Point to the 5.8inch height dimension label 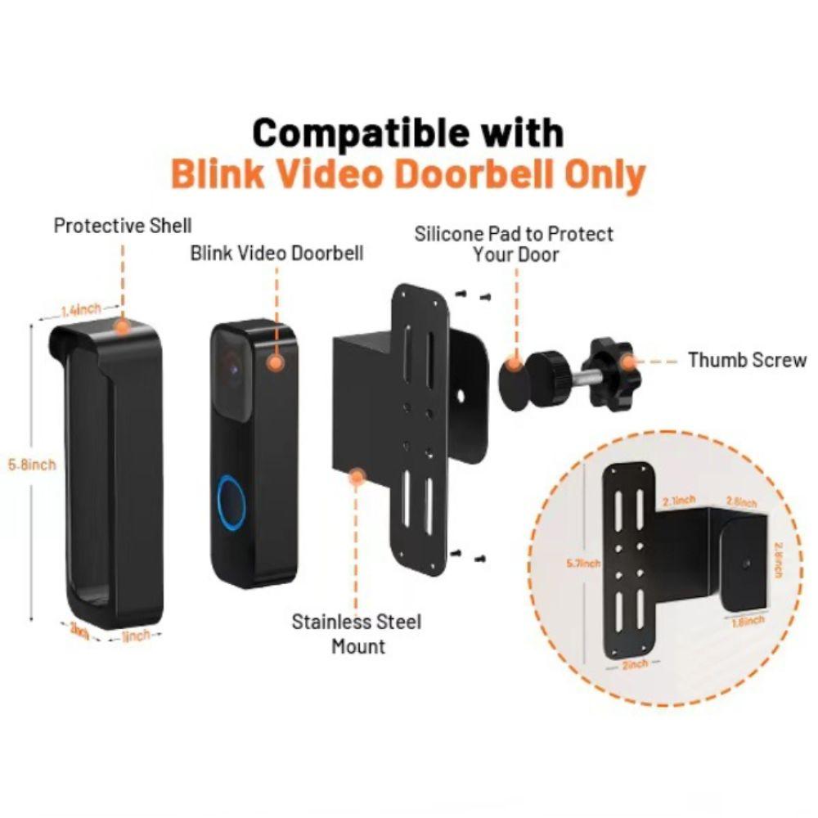coord(33,465)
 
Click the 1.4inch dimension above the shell coord(81,309)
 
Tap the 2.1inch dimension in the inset coord(680,500)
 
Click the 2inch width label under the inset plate coord(635,665)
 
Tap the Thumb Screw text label coord(747,360)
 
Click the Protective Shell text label coord(123,225)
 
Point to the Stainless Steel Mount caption coord(357,633)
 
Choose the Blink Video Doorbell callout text coord(276,253)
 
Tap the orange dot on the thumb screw coord(628,360)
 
